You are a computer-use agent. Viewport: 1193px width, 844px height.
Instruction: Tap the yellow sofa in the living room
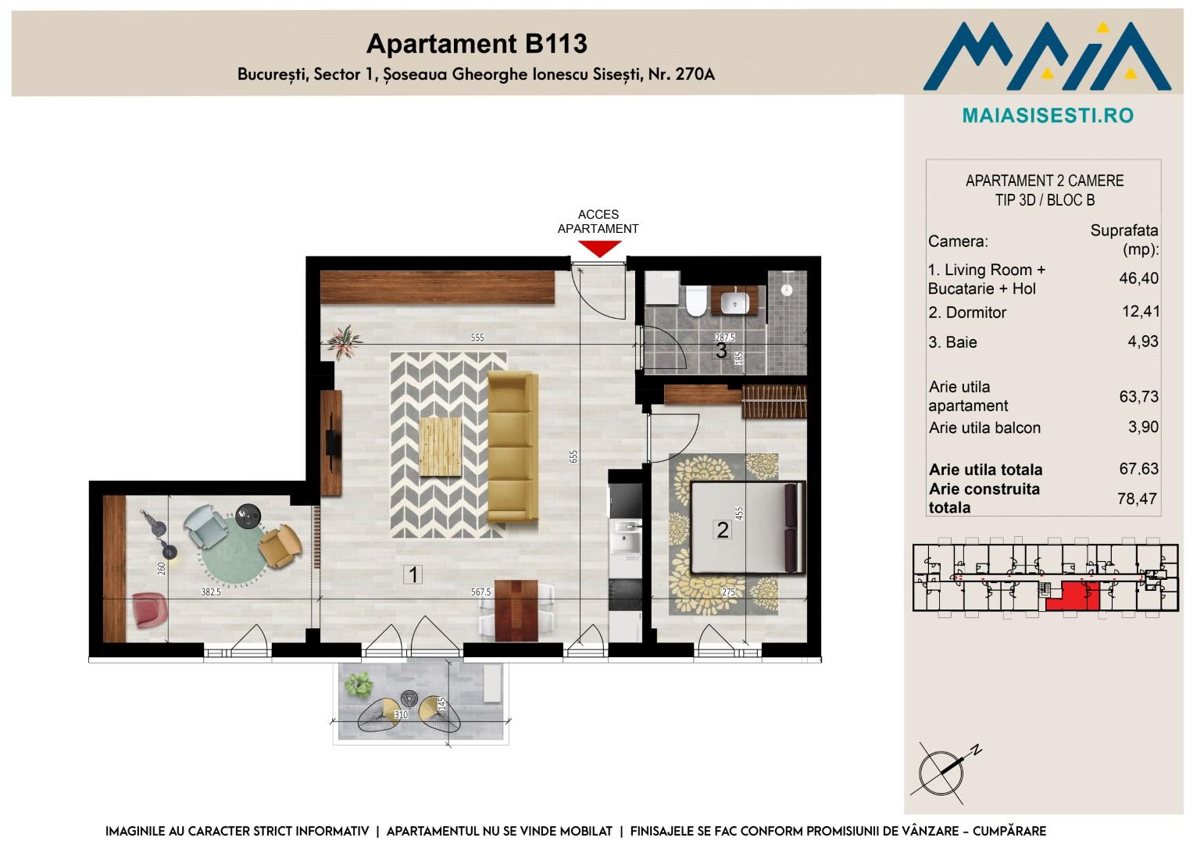pyautogui.click(x=513, y=446)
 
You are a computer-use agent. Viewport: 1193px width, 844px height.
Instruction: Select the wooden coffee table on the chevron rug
pyautogui.click(x=441, y=446)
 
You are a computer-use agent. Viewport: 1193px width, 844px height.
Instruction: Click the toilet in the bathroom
pyautogui.click(x=695, y=301)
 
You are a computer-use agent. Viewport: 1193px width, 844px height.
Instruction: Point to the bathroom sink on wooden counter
pyautogui.click(x=735, y=302)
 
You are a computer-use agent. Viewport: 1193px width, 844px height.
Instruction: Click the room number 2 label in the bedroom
pyautogui.click(x=722, y=530)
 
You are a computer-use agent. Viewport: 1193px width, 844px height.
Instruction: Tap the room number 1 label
pyautogui.click(x=413, y=574)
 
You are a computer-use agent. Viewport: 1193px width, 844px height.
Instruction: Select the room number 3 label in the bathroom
pyautogui.click(x=721, y=351)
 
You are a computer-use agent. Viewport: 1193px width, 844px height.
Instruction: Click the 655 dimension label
pyautogui.click(x=573, y=456)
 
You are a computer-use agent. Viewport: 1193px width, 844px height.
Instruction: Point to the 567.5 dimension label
pyautogui.click(x=480, y=592)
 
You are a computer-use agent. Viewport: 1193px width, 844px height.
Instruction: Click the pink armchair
pyautogui.click(x=150, y=610)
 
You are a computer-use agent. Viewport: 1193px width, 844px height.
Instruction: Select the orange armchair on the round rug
pyautogui.click(x=280, y=545)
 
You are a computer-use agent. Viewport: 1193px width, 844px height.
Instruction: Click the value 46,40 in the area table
pyautogui.click(x=1138, y=278)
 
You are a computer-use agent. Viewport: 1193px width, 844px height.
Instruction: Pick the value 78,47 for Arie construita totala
pyautogui.click(x=1137, y=499)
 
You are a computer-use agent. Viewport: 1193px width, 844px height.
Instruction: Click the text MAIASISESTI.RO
pyautogui.click(x=1048, y=116)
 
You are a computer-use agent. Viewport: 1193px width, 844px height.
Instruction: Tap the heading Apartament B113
pyautogui.click(x=477, y=44)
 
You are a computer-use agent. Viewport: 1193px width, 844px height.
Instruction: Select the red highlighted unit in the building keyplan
pyautogui.click(x=1073, y=595)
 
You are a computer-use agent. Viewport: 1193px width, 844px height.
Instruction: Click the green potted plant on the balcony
pyautogui.click(x=359, y=685)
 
